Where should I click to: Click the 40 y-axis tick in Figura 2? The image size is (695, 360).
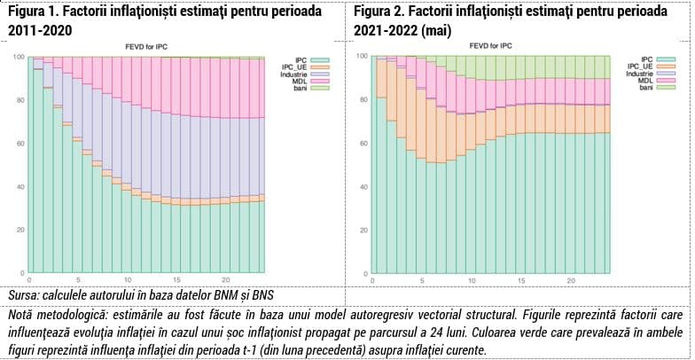363,186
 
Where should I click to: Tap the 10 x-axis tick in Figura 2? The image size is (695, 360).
472,281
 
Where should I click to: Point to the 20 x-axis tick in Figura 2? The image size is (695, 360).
571,281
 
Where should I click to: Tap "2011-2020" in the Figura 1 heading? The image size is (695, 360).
41,32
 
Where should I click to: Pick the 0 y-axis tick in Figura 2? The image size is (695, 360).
365,273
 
